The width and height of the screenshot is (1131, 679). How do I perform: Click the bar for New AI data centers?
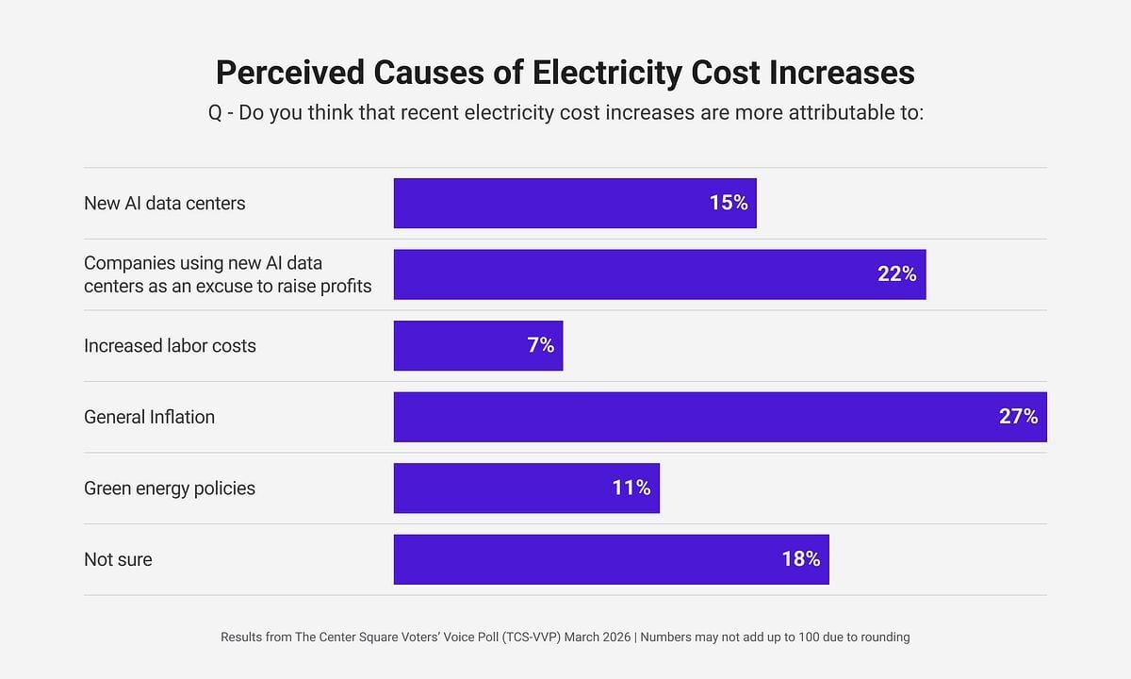tap(575, 203)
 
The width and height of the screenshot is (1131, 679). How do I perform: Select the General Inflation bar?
tap(720, 417)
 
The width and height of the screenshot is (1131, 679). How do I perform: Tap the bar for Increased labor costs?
tap(478, 345)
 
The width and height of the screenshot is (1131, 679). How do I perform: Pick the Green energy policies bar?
tap(526, 488)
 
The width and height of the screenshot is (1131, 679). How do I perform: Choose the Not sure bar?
tap(611, 559)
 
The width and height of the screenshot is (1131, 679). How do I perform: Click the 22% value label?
tap(896, 274)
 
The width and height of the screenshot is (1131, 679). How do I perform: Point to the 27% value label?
tap(1018, 417)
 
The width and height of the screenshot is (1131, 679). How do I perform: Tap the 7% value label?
tap(540, 345)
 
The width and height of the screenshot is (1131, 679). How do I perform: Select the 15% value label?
tap(728, 203)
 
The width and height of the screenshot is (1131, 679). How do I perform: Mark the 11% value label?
tap(631, 488)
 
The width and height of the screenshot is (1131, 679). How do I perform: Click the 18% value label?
tap(800, 559)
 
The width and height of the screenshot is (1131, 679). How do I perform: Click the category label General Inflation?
tap(149, 417)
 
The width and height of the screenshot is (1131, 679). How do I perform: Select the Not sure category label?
tap(118, 559)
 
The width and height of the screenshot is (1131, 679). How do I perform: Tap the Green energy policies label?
tap(170, 489)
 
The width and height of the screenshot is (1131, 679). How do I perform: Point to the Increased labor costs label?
tap(170, 346)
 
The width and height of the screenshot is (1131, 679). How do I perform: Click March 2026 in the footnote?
tap(598, 637)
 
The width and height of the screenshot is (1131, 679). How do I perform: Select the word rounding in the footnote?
tap(883, 638)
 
